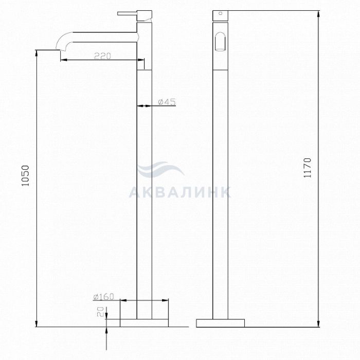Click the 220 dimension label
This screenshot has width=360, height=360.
coord(103,56)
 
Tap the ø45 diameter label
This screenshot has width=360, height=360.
coord(167,101)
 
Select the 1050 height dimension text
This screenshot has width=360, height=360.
coord(25,176)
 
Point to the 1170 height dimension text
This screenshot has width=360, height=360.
coord(307,168)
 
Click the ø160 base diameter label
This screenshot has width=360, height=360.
coord(103,297)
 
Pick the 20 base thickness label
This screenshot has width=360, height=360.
coord(100,312)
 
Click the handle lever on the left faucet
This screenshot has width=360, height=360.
coord(127,13)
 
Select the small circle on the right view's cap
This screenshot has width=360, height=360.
coord(221,13)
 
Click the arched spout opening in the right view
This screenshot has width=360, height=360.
coord(221,41)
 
